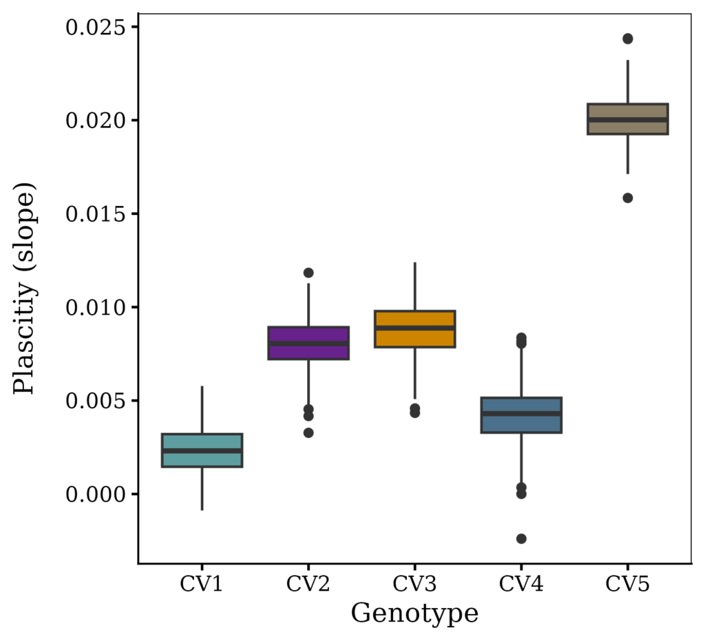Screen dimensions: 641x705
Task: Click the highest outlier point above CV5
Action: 627,39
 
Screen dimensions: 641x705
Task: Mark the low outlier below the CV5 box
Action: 627,198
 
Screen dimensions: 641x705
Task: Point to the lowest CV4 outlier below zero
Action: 521,538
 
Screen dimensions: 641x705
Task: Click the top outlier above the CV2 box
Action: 308,273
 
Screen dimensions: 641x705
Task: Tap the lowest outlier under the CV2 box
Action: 308,432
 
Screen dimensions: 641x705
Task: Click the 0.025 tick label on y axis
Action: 96,28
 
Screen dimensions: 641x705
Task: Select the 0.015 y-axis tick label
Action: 96,214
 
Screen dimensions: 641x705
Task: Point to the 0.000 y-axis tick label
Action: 96,494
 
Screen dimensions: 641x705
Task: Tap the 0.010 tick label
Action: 96,307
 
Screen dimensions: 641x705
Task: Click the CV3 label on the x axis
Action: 414,585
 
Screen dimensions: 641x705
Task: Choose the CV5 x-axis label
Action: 627,585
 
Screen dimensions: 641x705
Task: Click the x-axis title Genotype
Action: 414,613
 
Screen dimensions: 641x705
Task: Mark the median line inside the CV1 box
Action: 202,450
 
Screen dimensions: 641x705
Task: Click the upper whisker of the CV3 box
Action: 414,286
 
